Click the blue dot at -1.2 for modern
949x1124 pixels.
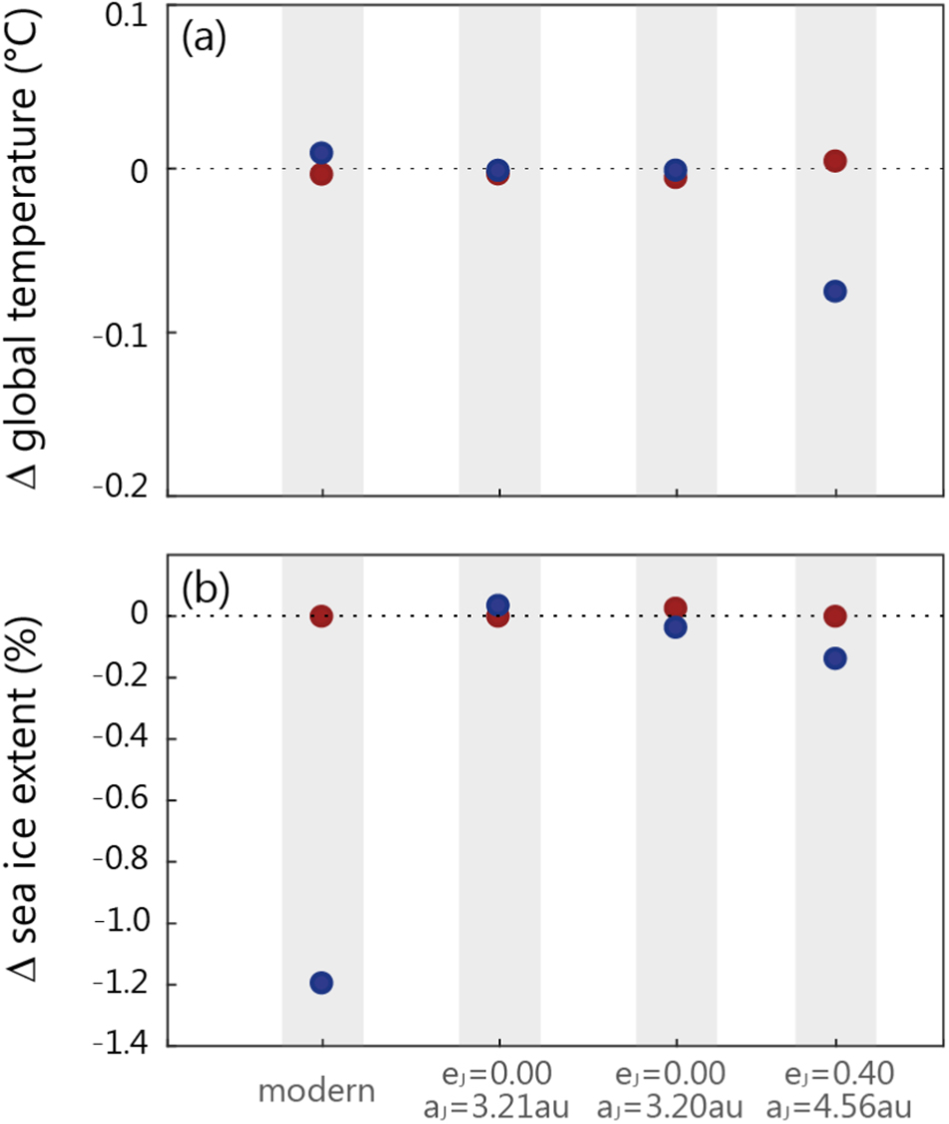(321, 982)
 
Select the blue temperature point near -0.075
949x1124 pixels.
(835, 291)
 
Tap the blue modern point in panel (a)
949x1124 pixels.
(321, 153)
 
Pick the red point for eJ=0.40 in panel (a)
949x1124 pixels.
(835, 161)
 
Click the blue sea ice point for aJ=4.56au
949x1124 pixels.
(835, 658)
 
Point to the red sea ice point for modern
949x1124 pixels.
(321, 615)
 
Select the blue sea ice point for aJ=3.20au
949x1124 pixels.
(675, 626)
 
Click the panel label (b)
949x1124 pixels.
(204, 589)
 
